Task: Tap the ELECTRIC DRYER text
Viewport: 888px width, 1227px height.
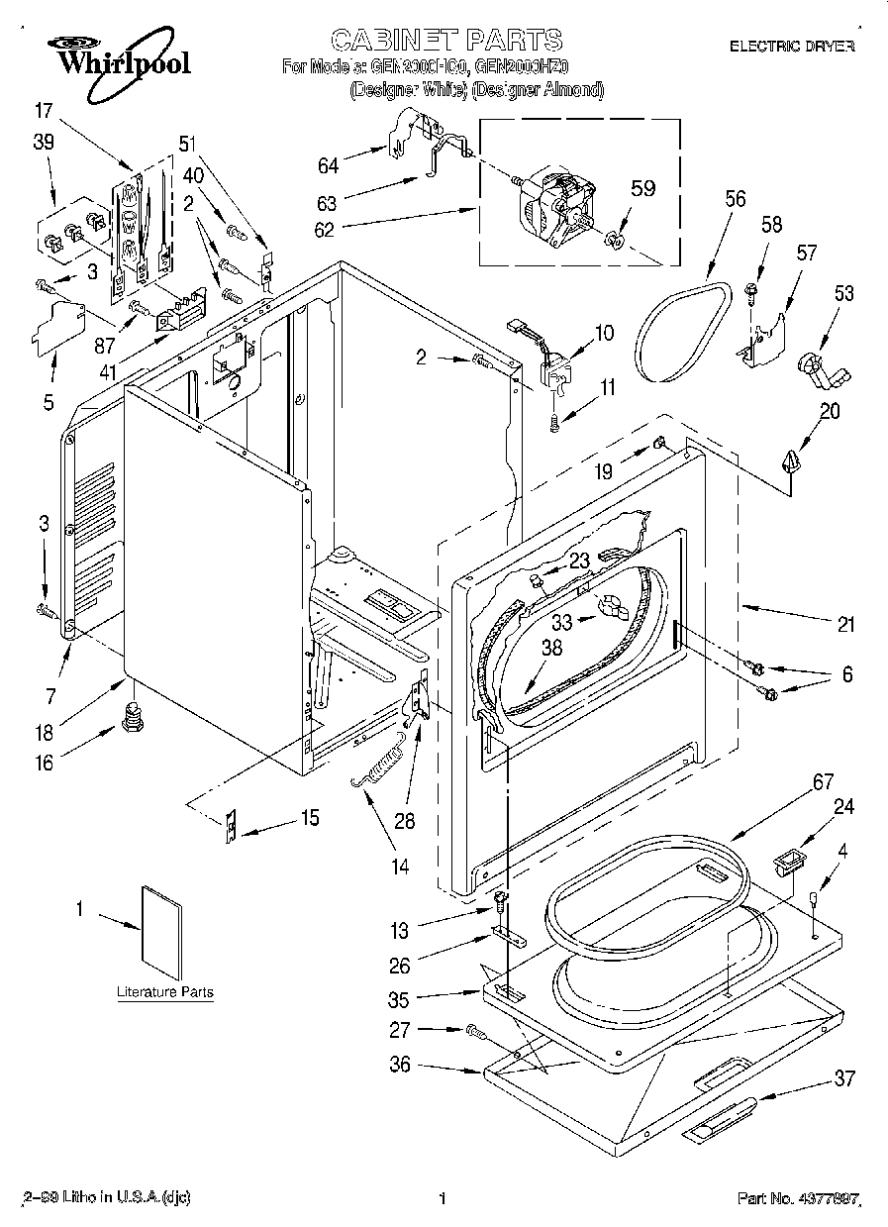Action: click(x=791, y=46)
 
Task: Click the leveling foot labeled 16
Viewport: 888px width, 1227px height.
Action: click(x=128, y=715)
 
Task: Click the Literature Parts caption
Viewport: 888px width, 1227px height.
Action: click(x=164, y=992)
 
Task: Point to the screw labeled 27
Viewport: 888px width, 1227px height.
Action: click(x=475, y=1032)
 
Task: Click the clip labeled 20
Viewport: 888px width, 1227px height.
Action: click(x=790, y=462)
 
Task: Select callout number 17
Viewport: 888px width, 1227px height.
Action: click(x=42, y=111)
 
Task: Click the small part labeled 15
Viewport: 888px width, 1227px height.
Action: click(x=232, y=824)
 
